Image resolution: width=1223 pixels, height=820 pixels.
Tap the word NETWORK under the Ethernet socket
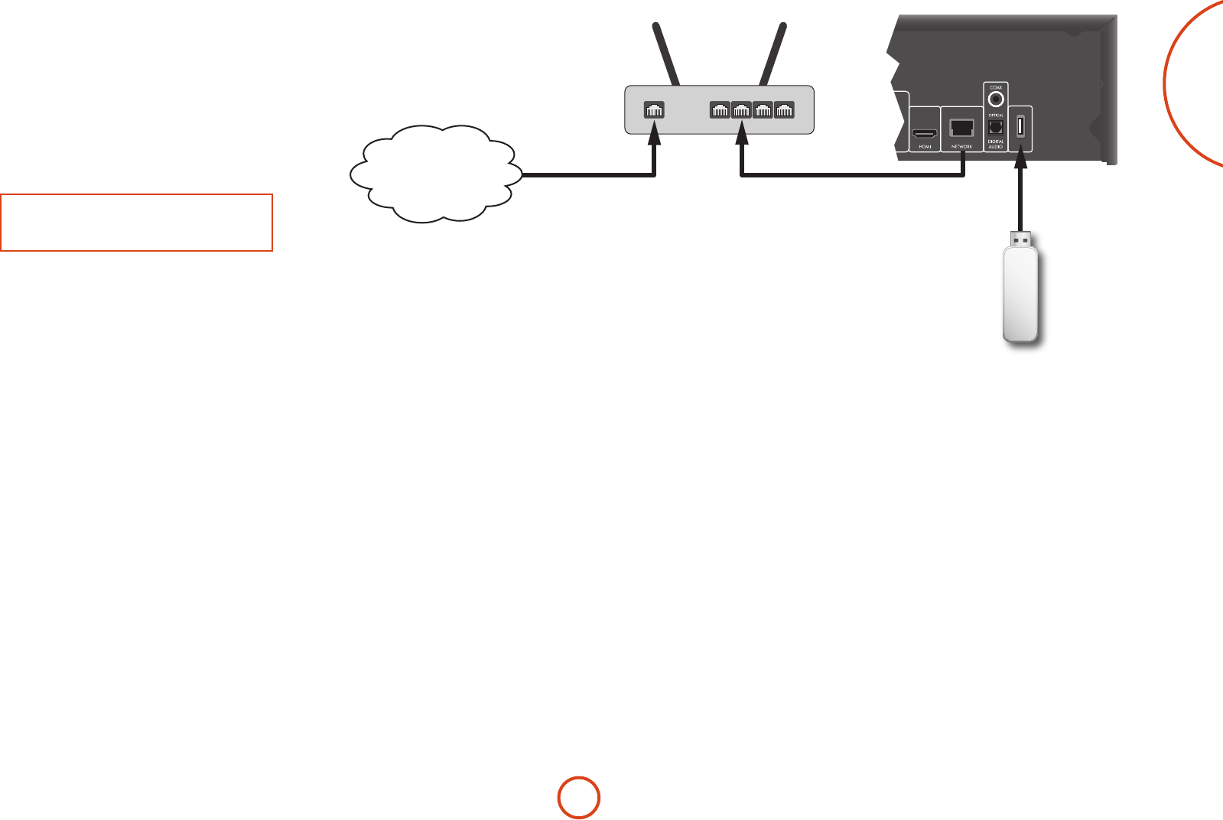tap(961, 146)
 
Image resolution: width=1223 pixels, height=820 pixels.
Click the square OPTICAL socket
tap(996, 127)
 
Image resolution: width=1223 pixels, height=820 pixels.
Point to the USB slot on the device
tap(1020, 127)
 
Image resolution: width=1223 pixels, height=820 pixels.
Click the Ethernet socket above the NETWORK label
tap(961, 128)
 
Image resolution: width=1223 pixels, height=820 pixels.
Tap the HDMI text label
tap(925, 146)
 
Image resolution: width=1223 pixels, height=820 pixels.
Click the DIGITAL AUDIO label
tap(996, 144)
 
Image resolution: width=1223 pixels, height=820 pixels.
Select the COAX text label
tap(996, 88)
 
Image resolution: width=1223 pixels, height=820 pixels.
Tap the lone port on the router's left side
tap(654, 110)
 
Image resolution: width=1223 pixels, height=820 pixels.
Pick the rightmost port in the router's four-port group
tap(784, 110)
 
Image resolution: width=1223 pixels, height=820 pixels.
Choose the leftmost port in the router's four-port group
tap(720, 110)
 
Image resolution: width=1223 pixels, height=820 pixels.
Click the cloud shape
tap(434, 174)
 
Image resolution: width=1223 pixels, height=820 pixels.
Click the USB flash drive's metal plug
tap(1020, 239)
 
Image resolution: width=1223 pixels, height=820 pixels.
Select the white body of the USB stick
tap(1020, 294)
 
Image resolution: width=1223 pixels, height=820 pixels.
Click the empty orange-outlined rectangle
tap(136, 223)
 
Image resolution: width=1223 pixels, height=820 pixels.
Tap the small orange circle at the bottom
tap(578, 798)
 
